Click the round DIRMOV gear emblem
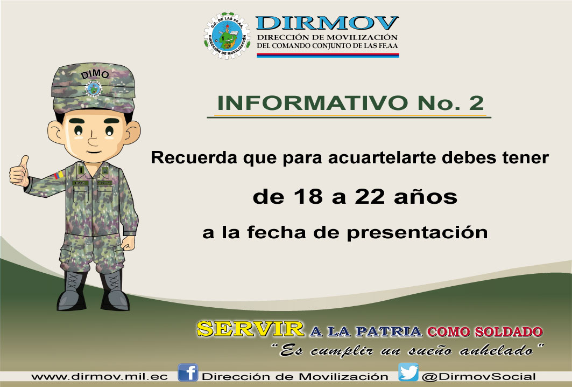coord(227,36)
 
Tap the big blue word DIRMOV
coord(327,23)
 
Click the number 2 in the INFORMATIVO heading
coord(476,103)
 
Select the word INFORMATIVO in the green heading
coord(313,103)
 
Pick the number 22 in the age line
coord(370,197)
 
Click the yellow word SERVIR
coord(250,329)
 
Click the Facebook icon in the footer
coord(188,373)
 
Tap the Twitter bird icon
coord(408,372)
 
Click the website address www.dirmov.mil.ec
coord(100,377)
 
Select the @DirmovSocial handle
coord(478,377)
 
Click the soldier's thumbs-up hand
coord(19,172)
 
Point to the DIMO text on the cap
coord(95,74)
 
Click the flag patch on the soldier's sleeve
coord(59,175)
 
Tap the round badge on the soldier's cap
coord(93,89)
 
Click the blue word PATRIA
coord(389,331)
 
